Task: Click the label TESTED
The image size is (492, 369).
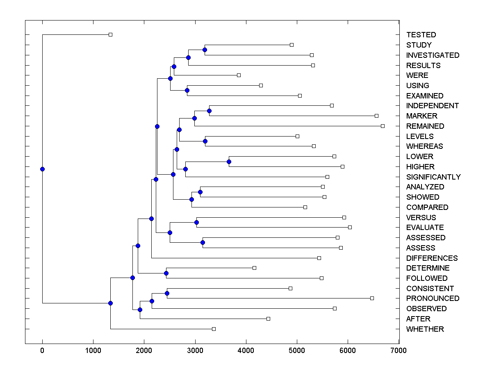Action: click(x=421, y=35)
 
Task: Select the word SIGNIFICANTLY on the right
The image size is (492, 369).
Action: click(x=433, y=177)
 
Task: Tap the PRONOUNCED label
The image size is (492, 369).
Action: click(x=433, y=298)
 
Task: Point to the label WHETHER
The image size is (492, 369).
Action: click(x=425, y=329)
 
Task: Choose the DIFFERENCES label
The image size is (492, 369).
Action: click(x=432, y=258)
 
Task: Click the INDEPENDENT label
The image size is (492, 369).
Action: click(x=432, y=106)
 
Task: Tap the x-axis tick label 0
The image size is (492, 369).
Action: click(x=42, y=350)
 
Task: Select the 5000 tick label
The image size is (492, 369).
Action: click(x=297, y=350)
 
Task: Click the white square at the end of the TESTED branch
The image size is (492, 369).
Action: click(x=110, y=34)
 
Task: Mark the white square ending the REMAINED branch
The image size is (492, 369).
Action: click(x=383, y=126)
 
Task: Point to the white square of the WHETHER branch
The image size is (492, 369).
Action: click(x=214, y=329)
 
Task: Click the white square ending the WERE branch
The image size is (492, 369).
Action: click(x=239, y=75)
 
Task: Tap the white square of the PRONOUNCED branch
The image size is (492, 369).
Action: click(x=372, y=298)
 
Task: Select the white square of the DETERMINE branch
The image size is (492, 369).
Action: click(x=254, y=268)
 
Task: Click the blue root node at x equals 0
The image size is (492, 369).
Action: click(x=42, y=169)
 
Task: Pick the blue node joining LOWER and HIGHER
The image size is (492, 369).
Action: click(x=229, y=162)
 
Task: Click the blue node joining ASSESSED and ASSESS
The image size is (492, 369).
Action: click(x=203, y=242)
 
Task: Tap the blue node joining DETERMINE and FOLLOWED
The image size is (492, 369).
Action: click(x=166, y=273)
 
